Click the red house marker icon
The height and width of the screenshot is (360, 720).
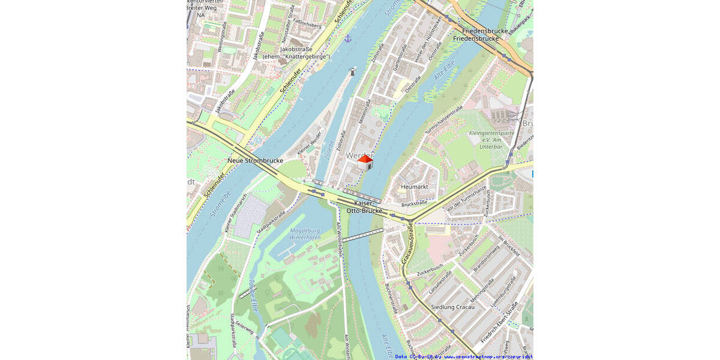click(365, 162)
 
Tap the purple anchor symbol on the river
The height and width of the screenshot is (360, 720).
click(347, 38)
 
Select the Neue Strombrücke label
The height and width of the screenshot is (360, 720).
click(255, 161)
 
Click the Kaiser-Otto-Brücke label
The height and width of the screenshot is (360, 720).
click(364, 207)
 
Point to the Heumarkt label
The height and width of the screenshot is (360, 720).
click(414, 187)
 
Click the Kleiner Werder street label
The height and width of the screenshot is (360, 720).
click(310, 142)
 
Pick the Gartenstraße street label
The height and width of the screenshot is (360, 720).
click(396, 60)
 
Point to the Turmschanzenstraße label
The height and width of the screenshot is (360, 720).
click(444, 119)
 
